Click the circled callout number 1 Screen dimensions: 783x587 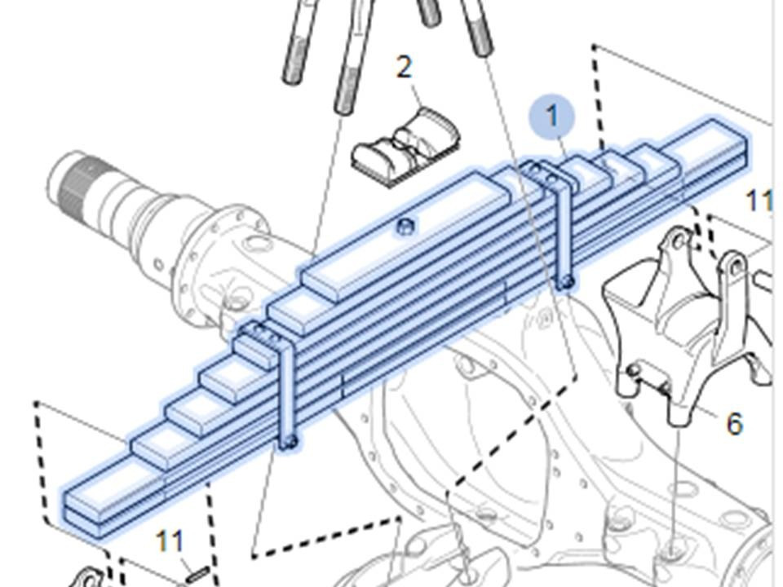pos(552,116)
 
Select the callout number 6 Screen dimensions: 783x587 pos(734,424)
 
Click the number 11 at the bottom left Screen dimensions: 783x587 pos(170,541)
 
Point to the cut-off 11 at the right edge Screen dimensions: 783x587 pos(759,201)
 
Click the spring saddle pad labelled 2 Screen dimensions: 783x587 pos(406,148)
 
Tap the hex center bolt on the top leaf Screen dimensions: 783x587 pos(405,227)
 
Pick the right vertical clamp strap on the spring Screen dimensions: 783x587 pos(564,225)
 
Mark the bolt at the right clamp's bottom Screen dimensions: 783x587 pos(567,283)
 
